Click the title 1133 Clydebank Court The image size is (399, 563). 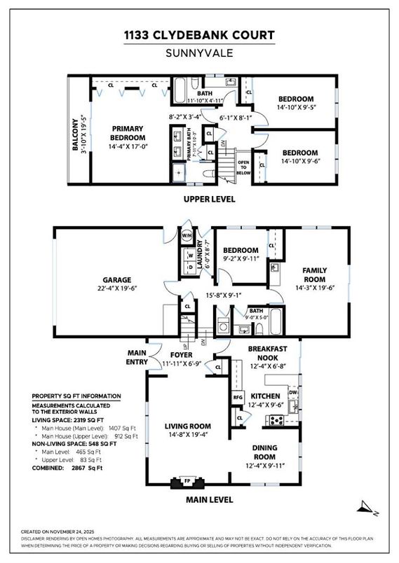199,36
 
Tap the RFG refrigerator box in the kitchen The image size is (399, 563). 237,398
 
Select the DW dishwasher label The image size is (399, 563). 293,374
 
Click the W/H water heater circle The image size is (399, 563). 187,236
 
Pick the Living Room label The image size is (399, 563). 187,425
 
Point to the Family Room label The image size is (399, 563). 315,274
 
